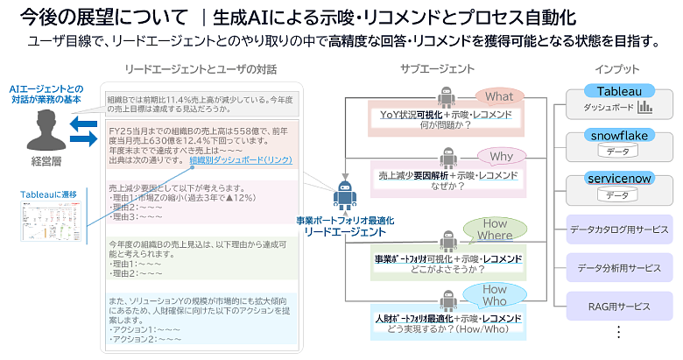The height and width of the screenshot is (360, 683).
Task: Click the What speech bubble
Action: click(x=499, y=96)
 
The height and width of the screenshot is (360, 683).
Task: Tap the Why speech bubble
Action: click(x=501, y=158)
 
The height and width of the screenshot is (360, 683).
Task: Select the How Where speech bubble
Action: click(x=495, y=229)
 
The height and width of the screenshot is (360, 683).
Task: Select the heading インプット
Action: click(x=616, y=68)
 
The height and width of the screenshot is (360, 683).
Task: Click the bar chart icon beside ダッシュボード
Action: click(x=645, y=108)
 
